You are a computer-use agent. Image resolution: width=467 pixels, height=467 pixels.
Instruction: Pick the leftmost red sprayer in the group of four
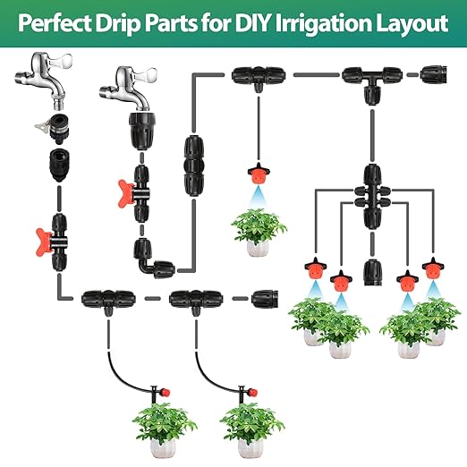314,267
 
